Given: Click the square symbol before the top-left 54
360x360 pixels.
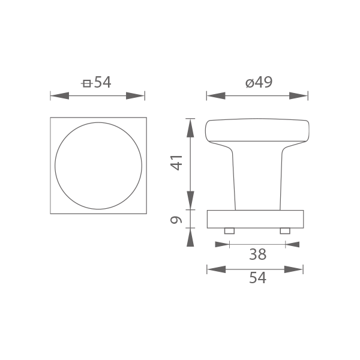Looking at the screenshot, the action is click(87, 83).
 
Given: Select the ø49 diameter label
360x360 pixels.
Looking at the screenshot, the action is click(259, 82).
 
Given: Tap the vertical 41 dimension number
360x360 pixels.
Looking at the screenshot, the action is click(176, 163).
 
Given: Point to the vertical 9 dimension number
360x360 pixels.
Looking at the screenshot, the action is click(176, 220).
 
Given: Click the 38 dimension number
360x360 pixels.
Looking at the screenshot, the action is click(257, 254).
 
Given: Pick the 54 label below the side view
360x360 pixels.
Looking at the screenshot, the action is click(257, 278).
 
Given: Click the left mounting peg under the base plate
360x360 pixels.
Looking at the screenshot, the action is click(229, 231).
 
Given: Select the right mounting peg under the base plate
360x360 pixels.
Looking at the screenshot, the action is click(285, 231).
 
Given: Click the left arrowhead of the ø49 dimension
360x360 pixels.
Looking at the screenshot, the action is click(216, 96).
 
